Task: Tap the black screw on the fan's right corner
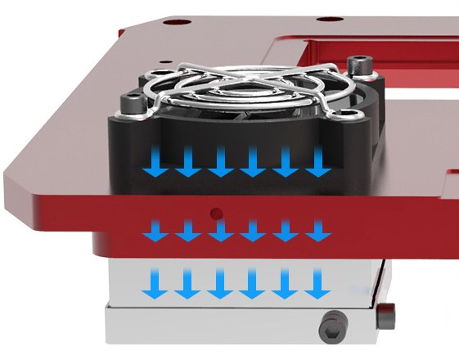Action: point(357,65)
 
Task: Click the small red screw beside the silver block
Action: point(387,311)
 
